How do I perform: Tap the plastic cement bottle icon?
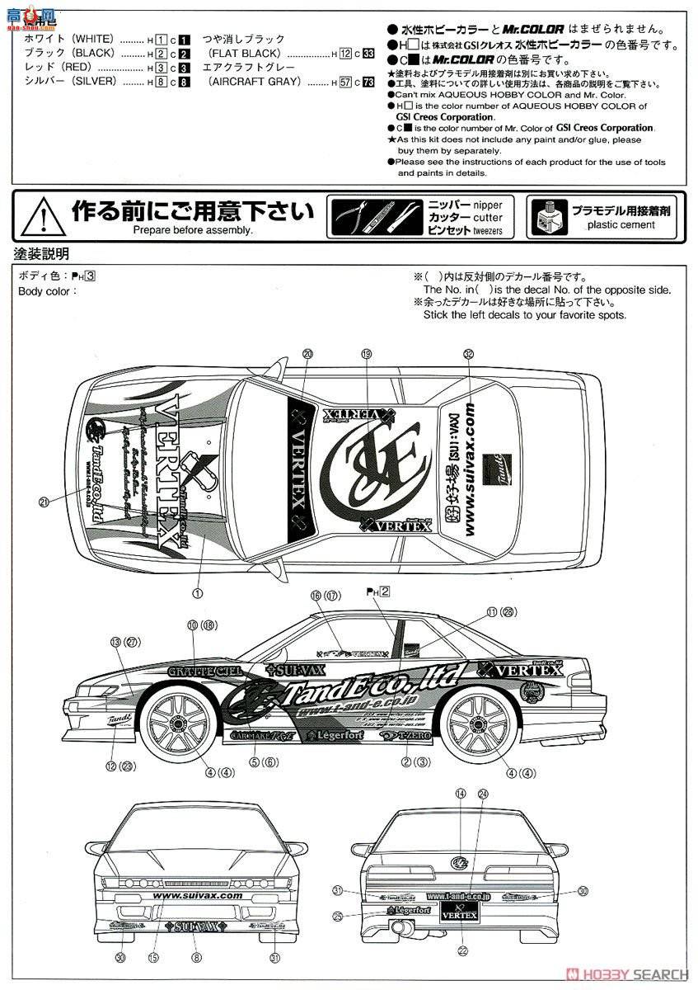543,216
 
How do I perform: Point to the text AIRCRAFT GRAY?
255,82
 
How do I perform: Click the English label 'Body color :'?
48,290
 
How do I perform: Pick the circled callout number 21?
43,500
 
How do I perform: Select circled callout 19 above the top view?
367,353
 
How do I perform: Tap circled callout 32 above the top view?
469,353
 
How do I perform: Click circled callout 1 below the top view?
197,592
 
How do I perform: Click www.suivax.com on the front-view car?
198,895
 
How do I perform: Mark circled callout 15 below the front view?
153,957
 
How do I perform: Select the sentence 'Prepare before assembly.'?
193,230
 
